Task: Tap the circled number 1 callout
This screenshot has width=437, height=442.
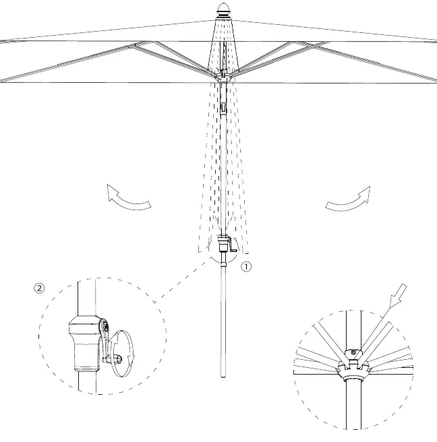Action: [x=246, y=267]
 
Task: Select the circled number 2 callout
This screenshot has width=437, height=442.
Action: [x=39, y=288]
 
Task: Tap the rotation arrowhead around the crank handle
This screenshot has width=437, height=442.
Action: [x=130, y=358]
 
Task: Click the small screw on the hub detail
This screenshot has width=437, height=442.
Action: [x=353, y=352]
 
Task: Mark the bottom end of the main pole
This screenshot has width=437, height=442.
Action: [x=223, y=377]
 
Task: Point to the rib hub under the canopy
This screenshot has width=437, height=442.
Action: [x=223, y=77]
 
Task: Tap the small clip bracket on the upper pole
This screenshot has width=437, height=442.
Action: [x=223, y=108]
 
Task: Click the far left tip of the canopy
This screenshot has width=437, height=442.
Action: [x=1, y=42]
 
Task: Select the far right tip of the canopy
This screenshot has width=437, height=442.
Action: [x=436, y=42]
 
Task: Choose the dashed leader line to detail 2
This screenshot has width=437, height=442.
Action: [x=183, y=282]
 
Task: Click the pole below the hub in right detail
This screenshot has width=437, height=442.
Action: [x=353, y=405]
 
